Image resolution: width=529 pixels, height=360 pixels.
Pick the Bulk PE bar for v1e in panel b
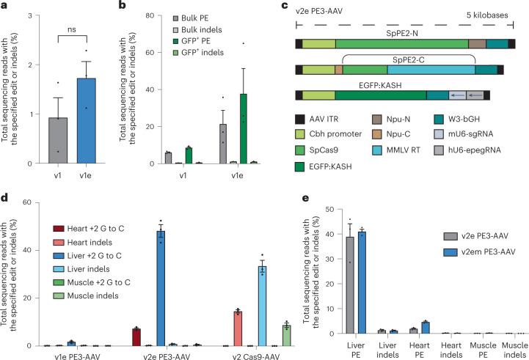tap(224, 143)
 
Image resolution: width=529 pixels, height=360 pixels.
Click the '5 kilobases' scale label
tap(489, 16)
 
